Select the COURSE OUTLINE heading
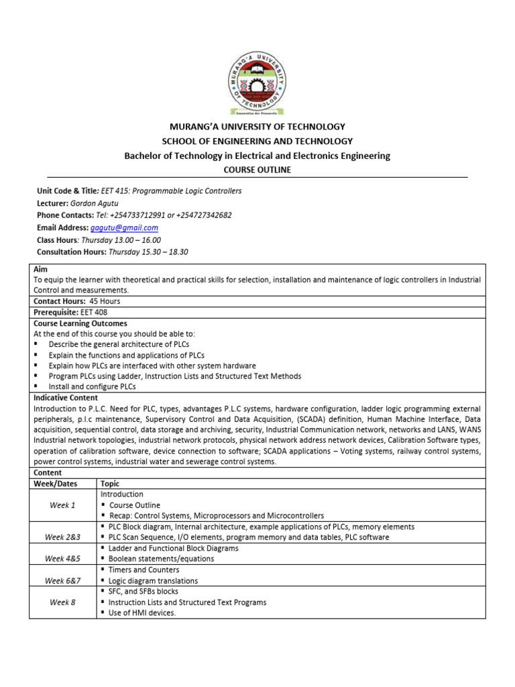coord(257,170)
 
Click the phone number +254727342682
coord(201,215)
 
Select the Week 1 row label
coord(63,505)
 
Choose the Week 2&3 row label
coord(63,537)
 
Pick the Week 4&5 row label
coord(63,559)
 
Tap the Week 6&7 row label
coord(63,580)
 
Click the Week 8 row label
coord(63,602)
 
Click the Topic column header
coord(110,484)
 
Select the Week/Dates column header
coord(56,484)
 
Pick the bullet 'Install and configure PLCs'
coord(92,387)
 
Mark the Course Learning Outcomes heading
coord(80,323)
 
